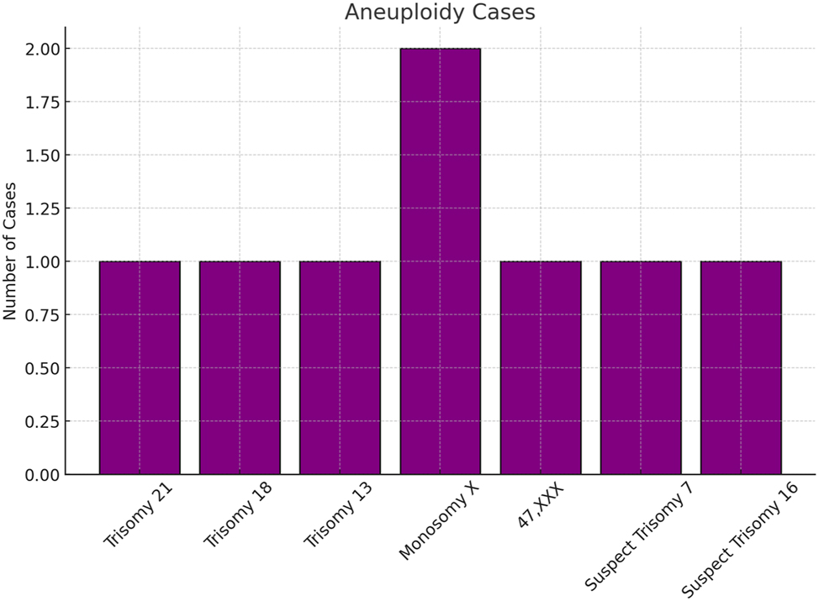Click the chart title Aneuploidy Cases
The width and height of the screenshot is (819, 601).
[440, 13]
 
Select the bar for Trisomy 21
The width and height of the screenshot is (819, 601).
[140, 367]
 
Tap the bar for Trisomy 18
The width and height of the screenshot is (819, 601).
[240, 367]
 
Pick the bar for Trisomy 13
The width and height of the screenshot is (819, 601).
[340, 367]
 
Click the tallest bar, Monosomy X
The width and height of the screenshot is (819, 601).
[440, 261]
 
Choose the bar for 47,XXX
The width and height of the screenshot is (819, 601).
[540, 367]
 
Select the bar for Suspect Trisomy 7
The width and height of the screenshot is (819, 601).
[641, 367]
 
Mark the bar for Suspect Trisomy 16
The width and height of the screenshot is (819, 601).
[741, 367]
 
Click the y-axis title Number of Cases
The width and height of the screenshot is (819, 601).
[11, 251]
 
